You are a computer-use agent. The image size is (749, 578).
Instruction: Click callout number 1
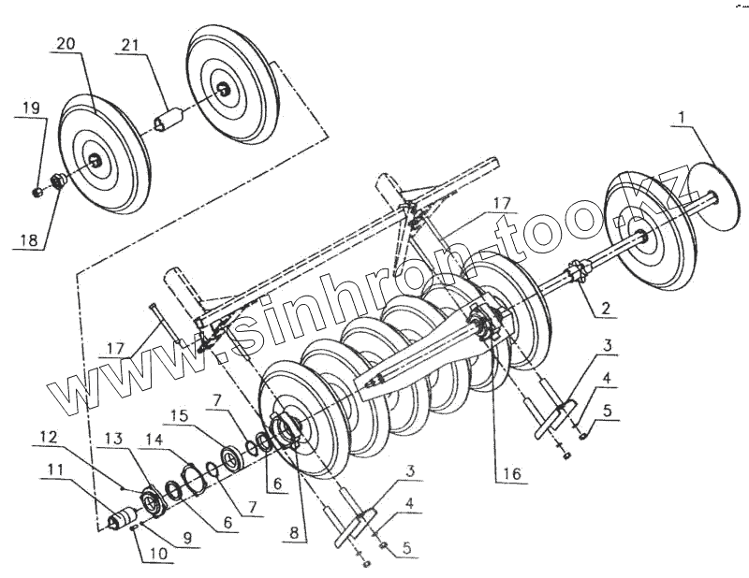click(682, 117)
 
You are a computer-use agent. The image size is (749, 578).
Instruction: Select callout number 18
click(29, 239)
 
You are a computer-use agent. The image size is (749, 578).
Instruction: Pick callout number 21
click(130, 44)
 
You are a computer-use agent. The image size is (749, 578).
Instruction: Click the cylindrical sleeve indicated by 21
click(170, 123)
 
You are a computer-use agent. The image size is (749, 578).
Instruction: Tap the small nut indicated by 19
click(35, 193)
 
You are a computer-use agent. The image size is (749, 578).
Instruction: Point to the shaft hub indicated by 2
click(577, 274)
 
